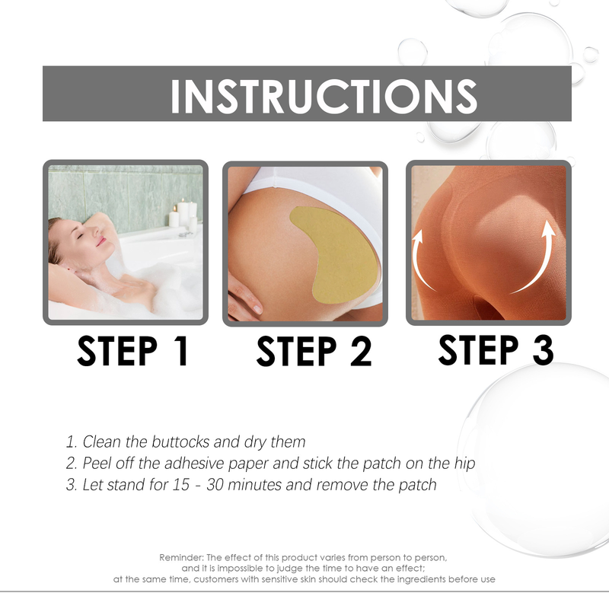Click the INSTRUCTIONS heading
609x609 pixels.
(324, 95)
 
